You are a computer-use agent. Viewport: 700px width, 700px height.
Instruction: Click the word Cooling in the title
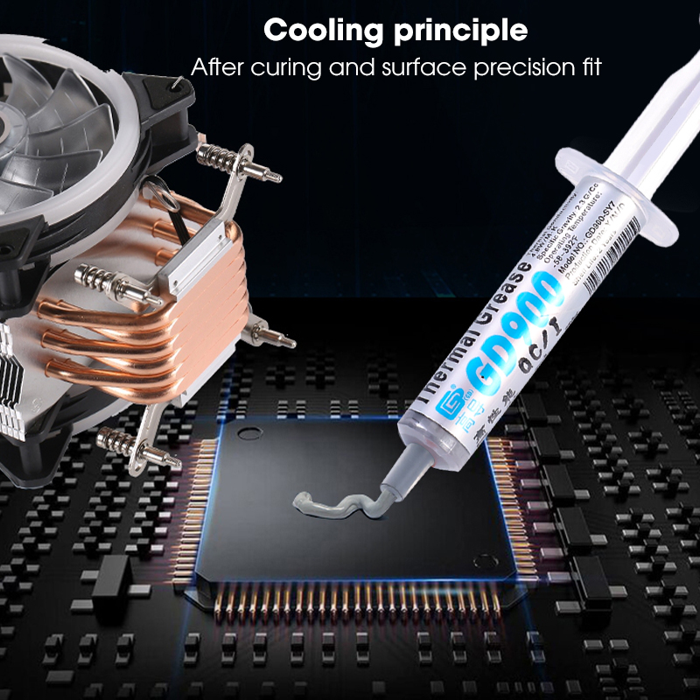[x=325, y=31]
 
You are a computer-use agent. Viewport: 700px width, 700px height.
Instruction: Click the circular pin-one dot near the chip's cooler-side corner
[x=249, y=431]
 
